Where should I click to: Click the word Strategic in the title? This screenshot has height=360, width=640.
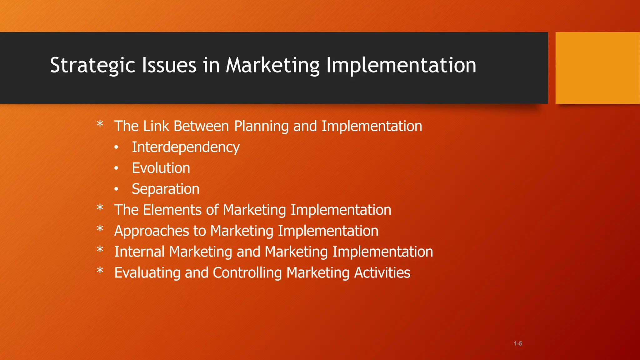pos(92,66)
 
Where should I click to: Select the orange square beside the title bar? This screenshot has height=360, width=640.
pos(597,68)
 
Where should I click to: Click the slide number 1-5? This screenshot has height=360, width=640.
pos(517,343)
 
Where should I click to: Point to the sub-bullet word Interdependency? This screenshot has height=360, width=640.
pos(186,147)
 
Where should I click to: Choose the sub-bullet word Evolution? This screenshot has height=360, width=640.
pos(161,168)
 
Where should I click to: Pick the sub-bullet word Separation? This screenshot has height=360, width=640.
pos(166,189)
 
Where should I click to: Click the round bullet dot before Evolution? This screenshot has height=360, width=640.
pos(116,168)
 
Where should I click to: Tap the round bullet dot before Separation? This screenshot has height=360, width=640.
pos(116,189)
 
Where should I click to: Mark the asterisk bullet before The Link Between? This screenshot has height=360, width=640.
pos(100,124)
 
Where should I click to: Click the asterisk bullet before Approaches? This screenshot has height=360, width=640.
pos(100,229)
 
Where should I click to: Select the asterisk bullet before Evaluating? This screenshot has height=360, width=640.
pos(100,271)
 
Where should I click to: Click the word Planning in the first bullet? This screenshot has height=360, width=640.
pos(261,127)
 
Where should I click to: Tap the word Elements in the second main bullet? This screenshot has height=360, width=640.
pos(172,210)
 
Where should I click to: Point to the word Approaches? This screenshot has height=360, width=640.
pos(152,231)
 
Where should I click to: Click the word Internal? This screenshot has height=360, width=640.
pos(139,252)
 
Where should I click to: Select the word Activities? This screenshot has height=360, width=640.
pos(382,273)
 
